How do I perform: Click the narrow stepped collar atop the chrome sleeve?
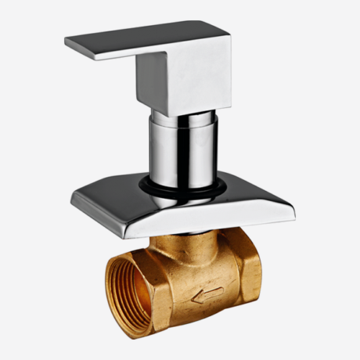coord(182,118)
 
